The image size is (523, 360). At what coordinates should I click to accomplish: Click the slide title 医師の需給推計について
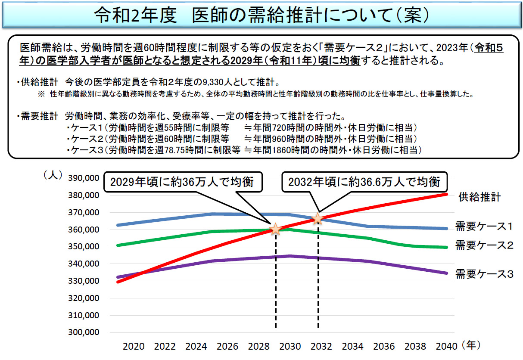(261, 16)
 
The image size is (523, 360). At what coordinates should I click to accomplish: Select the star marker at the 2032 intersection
(318, 218)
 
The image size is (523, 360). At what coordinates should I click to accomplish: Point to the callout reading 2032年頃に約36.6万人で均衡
(364, 182)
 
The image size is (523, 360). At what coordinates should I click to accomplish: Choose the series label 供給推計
(479, 197)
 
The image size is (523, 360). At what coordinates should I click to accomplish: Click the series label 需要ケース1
(483, 226)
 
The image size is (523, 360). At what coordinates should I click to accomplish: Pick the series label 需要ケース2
(483, 245)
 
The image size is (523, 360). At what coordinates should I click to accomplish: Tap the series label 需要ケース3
(483, 273)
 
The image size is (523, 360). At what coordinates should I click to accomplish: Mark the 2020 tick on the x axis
(133, 346)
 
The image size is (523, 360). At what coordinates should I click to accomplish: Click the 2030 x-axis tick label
(290, 346)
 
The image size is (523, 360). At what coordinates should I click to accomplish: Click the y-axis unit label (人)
(53, 176)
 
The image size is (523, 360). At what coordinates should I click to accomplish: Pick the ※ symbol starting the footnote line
(42, 93)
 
